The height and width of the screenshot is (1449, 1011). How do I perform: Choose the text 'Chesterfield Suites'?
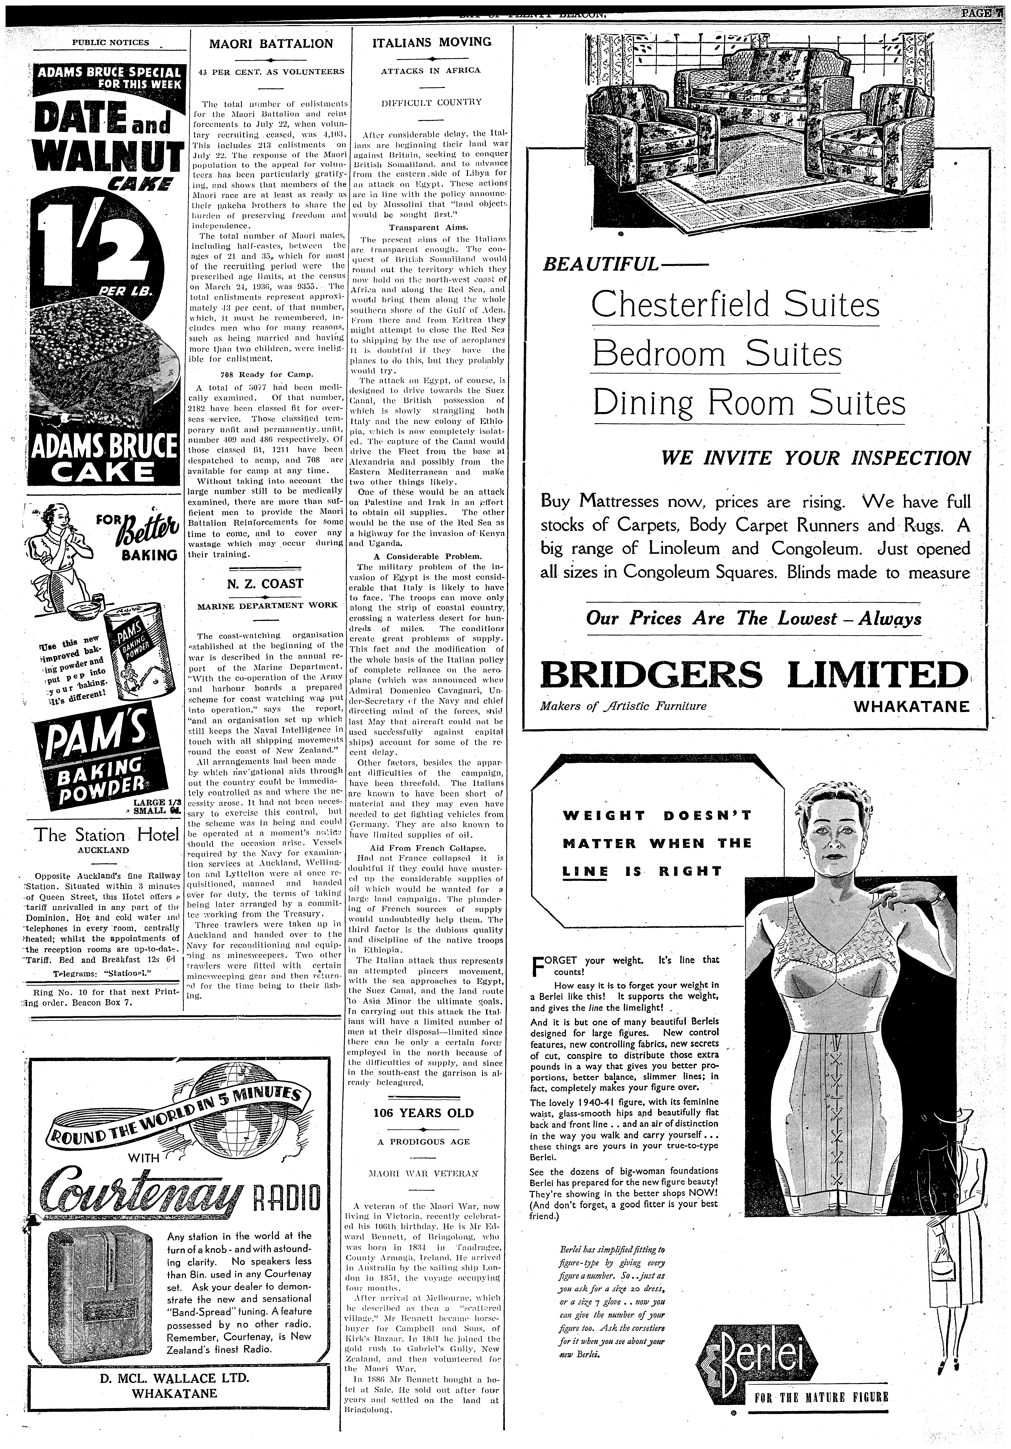(735, 305)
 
